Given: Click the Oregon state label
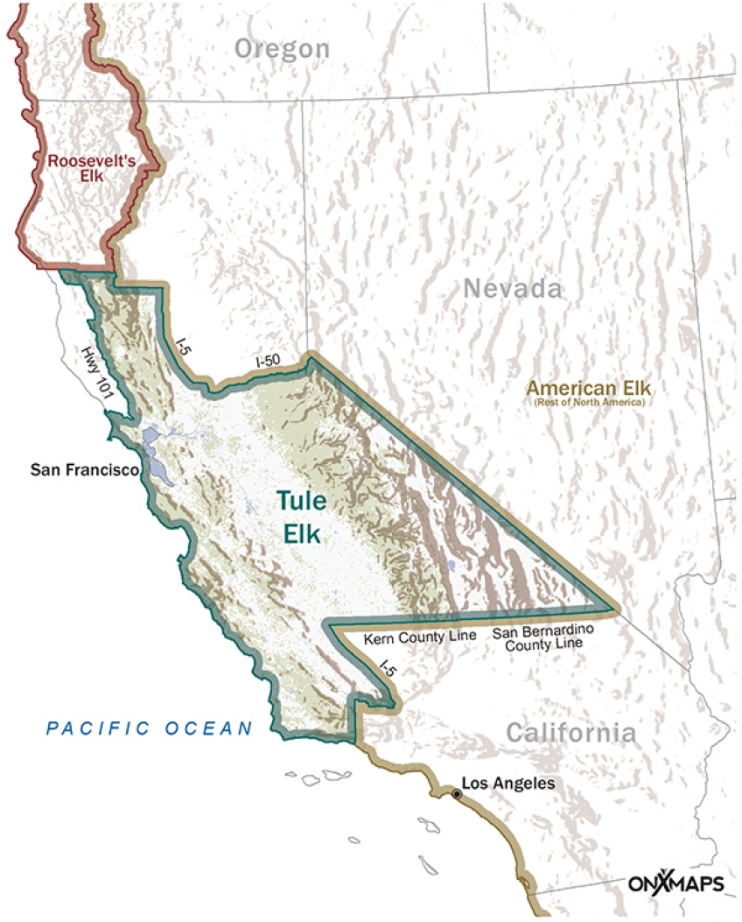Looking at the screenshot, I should pyautogui.click(x=282, y=48).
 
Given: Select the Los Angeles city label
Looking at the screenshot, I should pyautogui.click(x=508, y=784).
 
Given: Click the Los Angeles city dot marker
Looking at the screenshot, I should pyautogui.click(x=456, y=793).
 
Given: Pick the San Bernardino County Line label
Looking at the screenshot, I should pyautogui.click(x=536, y=637).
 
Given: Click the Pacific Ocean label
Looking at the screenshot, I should pyautogui.click(x=150, y=727).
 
